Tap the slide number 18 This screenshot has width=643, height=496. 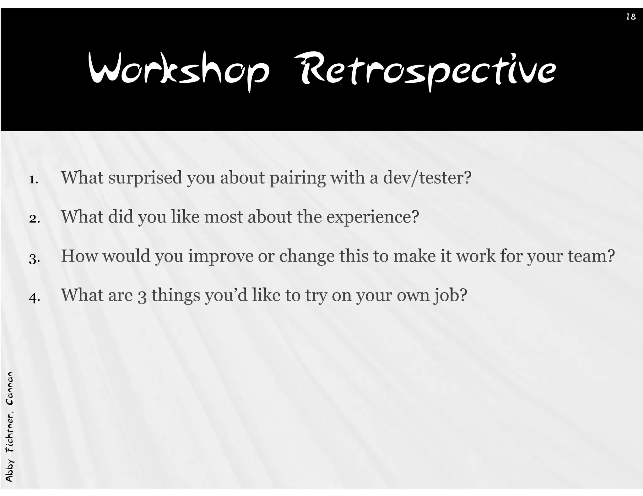pyautogui.click(x=631, y=17)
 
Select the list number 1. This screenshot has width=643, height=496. pyautogui.click(x=33, y=180)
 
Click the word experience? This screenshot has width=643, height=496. pyautogui.click(x=373, y=217)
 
